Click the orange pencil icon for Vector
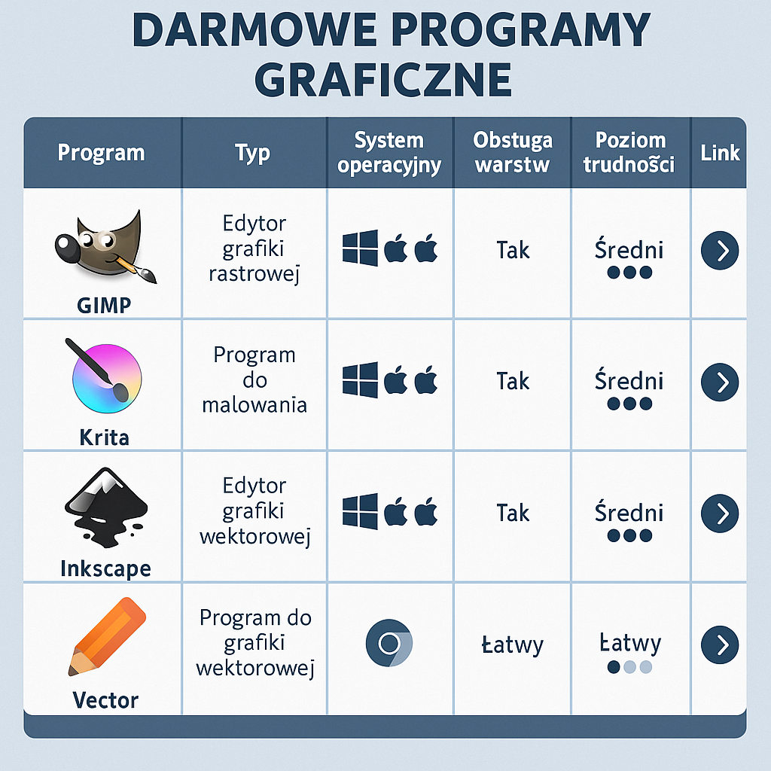(x=106, y=636)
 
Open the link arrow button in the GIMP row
(x=720, y=251)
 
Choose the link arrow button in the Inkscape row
(x=720, y=513)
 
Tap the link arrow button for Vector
(x=720, y=645)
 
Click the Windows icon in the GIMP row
(x=360, y=249)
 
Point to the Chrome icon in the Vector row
(x=389, y=645)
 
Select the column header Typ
(x=253, y=153)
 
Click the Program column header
(x=101, y=153)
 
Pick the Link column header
(x=720, y=153)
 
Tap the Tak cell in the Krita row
(x=513, y=382)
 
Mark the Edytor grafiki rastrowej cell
(x=254, y=249)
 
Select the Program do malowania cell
(x=254, y=380)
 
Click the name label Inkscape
(x=105, y=568)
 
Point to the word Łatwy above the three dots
(x=630, y=644)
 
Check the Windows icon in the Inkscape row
(x=360, y=512)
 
